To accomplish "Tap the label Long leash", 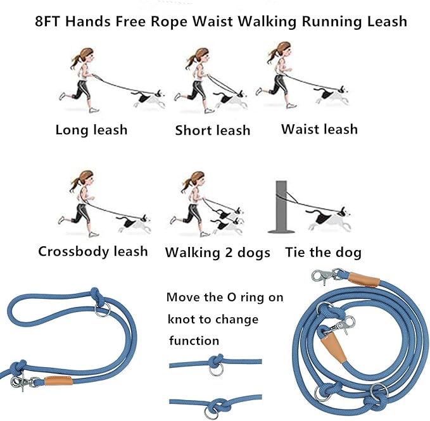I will [91, 130].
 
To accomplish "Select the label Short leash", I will [213, 131].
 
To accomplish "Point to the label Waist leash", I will [320, 130].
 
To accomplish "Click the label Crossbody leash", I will [93, 251].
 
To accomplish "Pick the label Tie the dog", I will [324, 253].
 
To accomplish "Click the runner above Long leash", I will [82, 79].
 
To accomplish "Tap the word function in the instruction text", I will [194, 341].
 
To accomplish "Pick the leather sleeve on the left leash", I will [58, 380].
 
